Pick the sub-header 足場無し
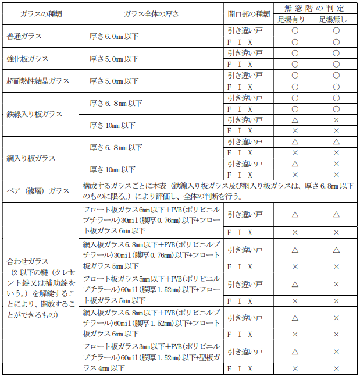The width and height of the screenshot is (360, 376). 336,19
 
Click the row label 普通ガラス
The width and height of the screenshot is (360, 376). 24,36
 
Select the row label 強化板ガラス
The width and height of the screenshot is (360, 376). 27,59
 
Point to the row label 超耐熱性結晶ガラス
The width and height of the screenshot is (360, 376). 36,81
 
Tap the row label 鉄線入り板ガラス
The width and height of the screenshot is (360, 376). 34,114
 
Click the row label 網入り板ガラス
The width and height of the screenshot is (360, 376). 31,158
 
